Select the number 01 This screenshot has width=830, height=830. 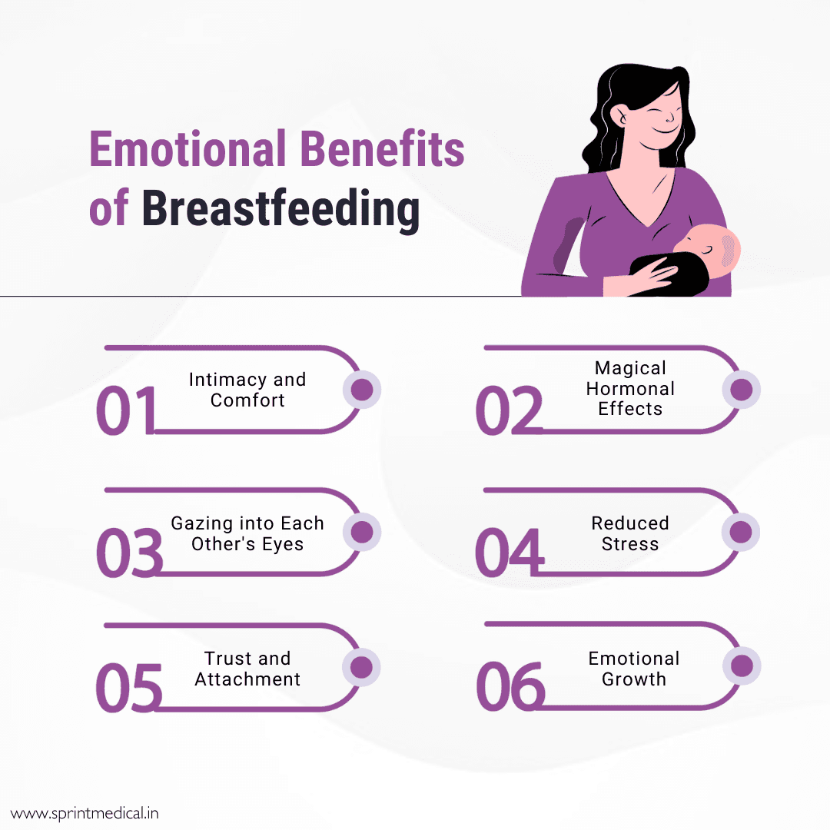pos(127,410)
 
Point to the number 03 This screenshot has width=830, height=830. pos(129,553)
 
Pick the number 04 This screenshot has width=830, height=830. pos(509,553)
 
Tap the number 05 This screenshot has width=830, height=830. pos(129,688)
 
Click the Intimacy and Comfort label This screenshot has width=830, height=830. pos(247,390)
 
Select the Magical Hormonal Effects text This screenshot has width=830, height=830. pos(630,388)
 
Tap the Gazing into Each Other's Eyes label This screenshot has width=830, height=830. pos(247,533)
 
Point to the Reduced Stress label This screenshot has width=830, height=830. pos(630,533)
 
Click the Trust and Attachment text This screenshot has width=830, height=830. pos(247,669)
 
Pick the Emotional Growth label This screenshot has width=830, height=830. pos(634,669)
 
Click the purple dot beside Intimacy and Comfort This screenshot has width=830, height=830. pos(362,390)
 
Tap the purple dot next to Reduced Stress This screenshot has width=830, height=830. pos(741,532)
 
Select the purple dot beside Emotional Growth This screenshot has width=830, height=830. pos(742,666)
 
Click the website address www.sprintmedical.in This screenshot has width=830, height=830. pos(85,813)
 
